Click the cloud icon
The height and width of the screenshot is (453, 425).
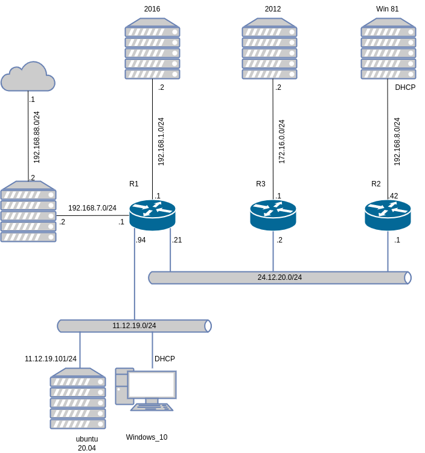click(x=28, y=77)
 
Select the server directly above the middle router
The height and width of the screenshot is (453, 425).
click(x=269, y=49)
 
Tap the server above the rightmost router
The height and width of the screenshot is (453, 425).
click(x=388, y=49)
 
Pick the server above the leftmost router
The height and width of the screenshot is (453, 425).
click(x=152, y=49)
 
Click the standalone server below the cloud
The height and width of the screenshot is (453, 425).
click(x=28, y=212)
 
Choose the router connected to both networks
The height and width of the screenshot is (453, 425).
click(x=152, y=215)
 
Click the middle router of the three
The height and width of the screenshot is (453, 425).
click(x=273, y=215)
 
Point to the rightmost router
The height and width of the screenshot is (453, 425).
click(x=388, y=215)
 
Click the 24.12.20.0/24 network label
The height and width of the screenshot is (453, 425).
click(x=280, y=277)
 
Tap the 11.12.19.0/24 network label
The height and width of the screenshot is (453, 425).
click(x=134, y=326)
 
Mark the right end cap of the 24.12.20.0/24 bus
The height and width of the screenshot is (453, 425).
click(x=407, y=277)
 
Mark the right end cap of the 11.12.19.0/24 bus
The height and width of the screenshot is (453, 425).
click(x=208, y=326)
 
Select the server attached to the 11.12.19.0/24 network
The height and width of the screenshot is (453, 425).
click(x=78, y=399)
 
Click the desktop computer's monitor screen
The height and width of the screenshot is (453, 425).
click(x=152, y=385)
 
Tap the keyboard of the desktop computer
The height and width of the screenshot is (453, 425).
click(x=152, y=407)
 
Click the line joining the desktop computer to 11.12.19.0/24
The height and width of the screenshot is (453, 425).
click(x=152, y=350)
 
